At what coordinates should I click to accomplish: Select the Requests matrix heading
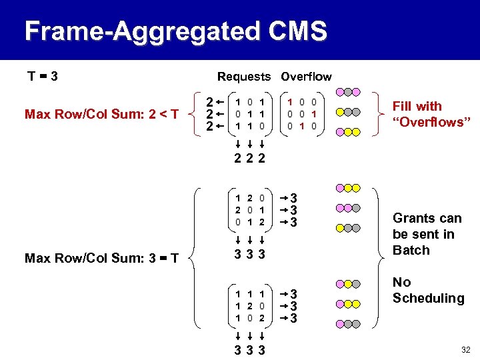244,77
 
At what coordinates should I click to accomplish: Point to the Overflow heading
306,77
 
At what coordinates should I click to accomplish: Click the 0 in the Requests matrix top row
249,102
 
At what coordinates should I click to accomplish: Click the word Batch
411,251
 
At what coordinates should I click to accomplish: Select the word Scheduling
428,299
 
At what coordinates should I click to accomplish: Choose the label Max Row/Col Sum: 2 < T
101,114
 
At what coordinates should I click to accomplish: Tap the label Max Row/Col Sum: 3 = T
101,258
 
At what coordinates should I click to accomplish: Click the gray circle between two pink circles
348,93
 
